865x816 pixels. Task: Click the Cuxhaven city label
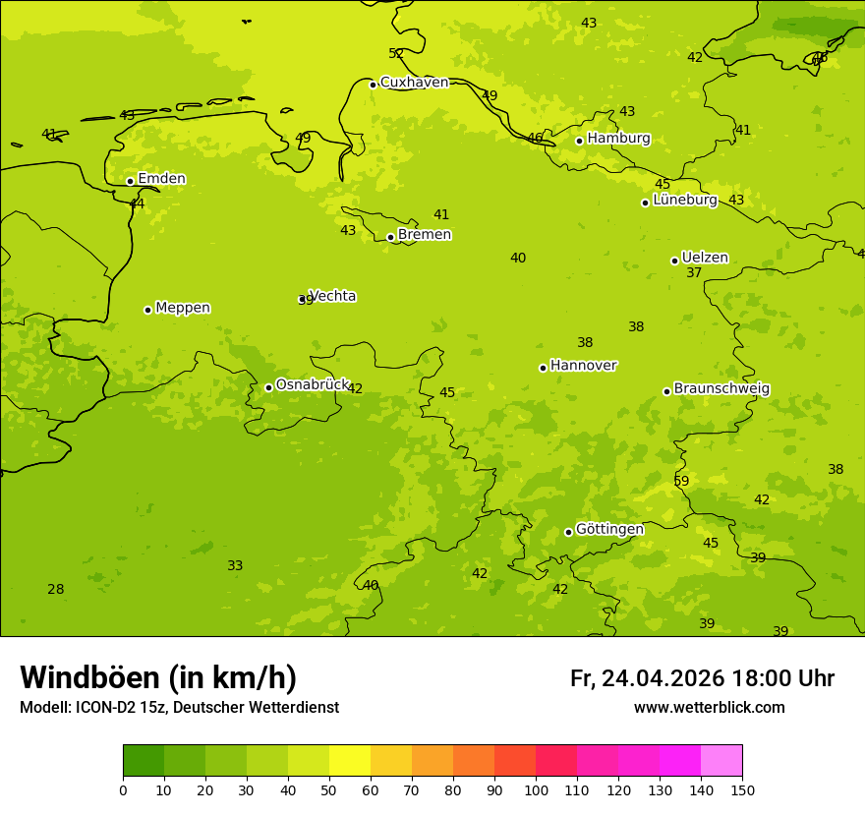click(414, 83)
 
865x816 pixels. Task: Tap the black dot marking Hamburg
click(579, 141)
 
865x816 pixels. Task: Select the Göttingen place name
click(609, 530)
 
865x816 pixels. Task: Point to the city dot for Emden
click(130, 181)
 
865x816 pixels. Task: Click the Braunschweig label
click(721, 389)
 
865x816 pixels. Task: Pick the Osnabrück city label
click(313, 385)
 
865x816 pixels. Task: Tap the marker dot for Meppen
click(147, 310)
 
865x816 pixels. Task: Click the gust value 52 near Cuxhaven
click(396, 54)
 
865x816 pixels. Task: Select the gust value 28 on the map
click(56, 590)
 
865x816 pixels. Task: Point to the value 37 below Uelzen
click(694, 273)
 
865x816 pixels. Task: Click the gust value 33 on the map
click(235, 566)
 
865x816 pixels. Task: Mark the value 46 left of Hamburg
click(535, 139)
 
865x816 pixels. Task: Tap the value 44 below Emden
click(137, 204)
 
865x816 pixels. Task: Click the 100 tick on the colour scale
click(536, 789)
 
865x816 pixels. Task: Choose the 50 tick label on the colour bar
click(329, 789)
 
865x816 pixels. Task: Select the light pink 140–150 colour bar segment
click(721, 761)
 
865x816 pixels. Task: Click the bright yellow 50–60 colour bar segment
click(350, 761)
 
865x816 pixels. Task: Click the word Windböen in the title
click(89, 677)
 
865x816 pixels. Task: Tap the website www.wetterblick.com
click(709, 708)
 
